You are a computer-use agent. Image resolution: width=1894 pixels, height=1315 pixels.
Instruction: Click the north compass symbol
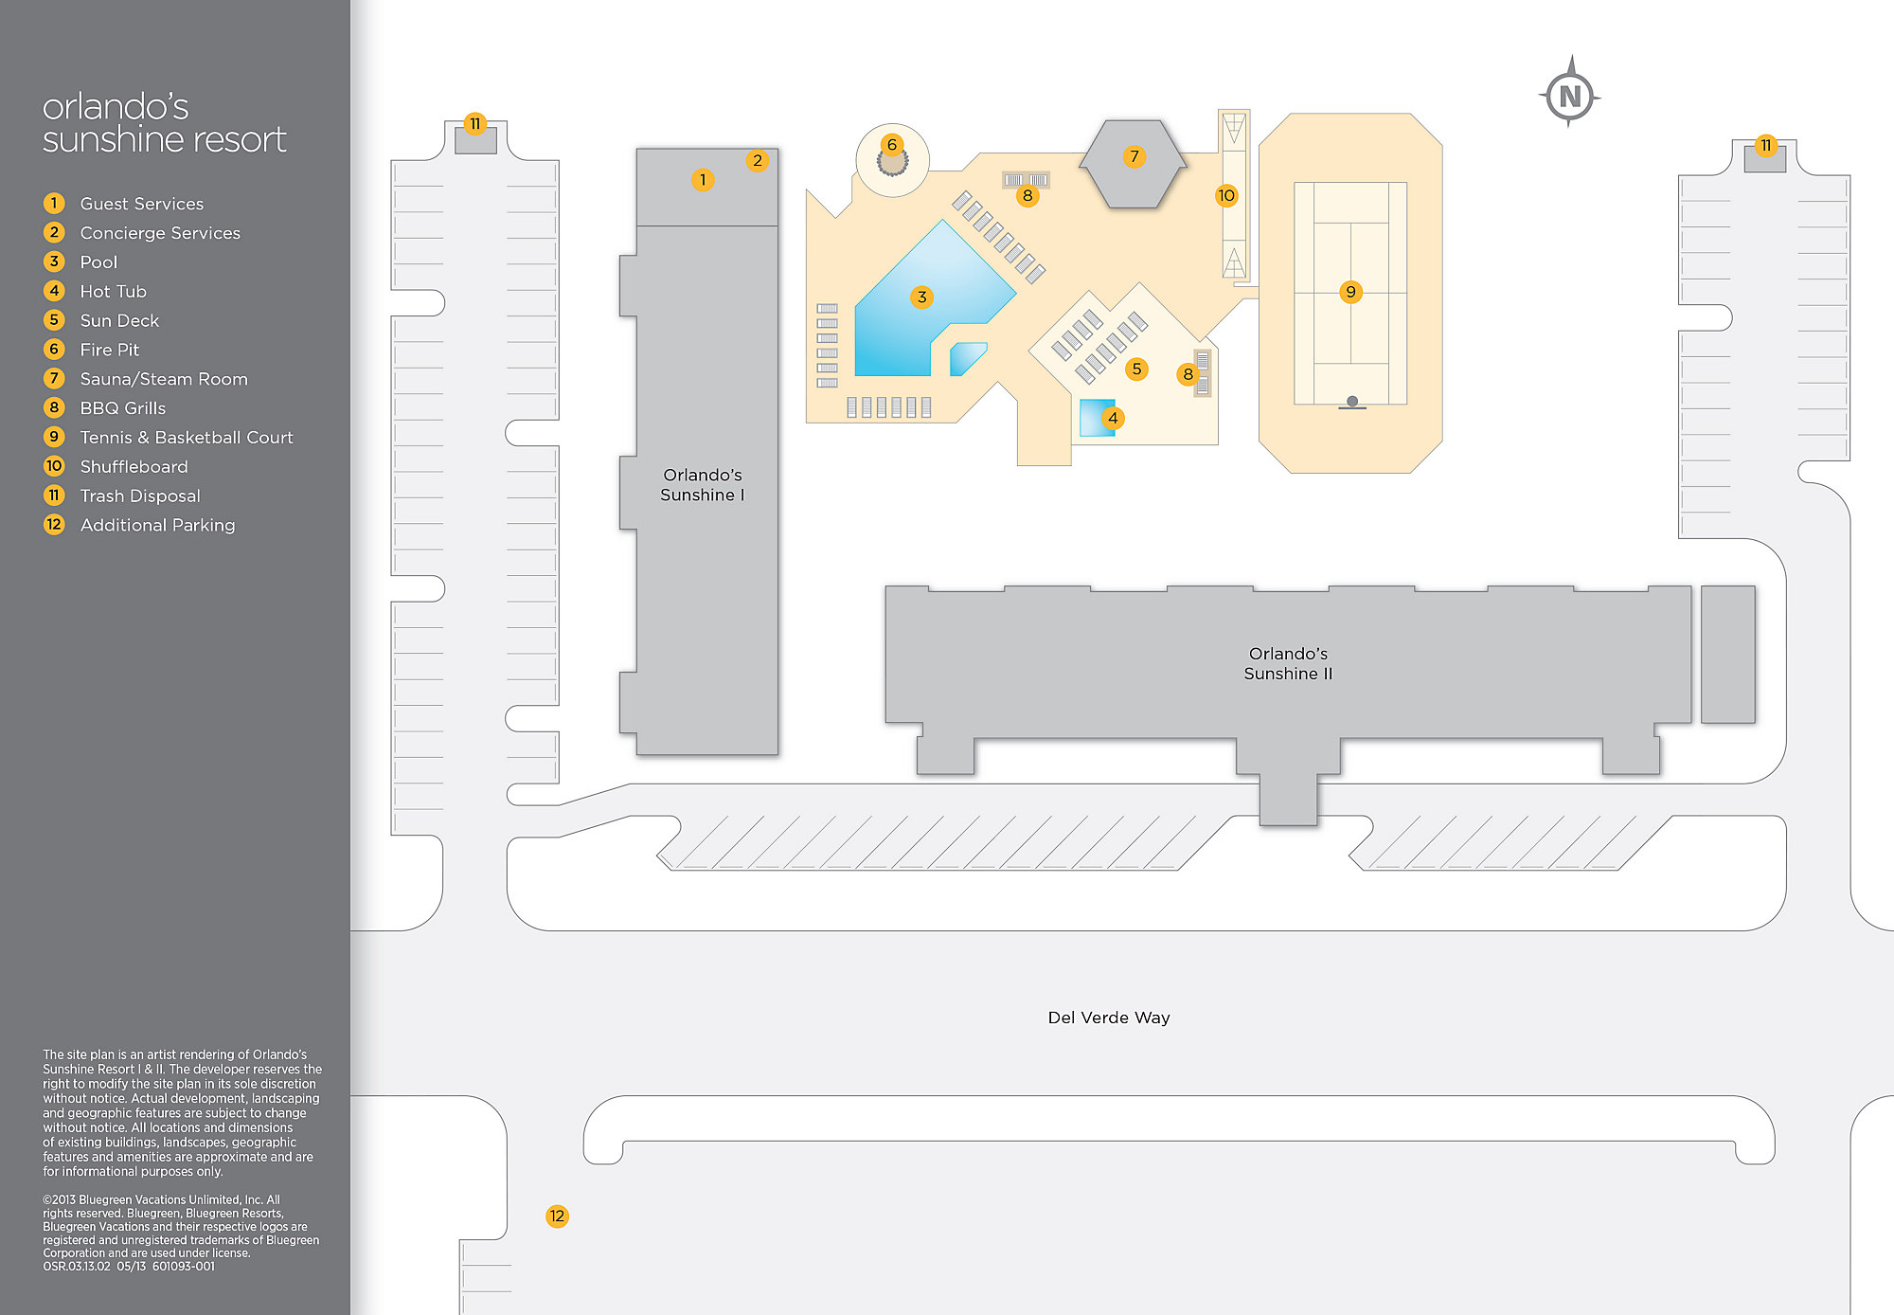tap(1570, 95)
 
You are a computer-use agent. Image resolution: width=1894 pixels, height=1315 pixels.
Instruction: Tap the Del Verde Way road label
tap(1108, 1018)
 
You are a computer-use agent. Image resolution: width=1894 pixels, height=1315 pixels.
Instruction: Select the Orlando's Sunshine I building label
tap(703, 485)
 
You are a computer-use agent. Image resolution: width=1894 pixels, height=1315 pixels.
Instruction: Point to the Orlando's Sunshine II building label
tap(1288, 663)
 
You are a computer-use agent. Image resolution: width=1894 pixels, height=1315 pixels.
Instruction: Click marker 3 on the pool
tap(921, 297)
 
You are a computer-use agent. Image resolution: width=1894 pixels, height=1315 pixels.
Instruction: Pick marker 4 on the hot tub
tap(1113, 418)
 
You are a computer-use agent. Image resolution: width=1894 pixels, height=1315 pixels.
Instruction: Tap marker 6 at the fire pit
tap(891, 145)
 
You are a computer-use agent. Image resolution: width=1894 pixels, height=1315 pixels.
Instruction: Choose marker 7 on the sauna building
tap(1134, 156)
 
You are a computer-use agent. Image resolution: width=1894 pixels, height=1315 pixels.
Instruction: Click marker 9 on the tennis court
tap(1350, 292)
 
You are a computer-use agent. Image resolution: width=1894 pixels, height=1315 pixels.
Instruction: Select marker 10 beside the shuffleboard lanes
tap(1226, 196)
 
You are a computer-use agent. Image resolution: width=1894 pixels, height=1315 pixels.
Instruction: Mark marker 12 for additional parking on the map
tap(557, 1216)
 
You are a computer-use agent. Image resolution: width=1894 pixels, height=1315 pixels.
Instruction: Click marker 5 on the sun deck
tap(1136, 369)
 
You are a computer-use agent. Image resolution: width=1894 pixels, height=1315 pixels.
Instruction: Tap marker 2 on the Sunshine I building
tap(757, 161)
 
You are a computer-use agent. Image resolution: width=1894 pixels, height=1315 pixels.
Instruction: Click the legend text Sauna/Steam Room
tap(164, 379)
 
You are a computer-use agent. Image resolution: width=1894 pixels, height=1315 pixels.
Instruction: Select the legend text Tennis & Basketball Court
tap(187, 438)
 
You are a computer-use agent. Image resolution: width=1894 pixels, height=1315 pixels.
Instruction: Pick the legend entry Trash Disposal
tap(140, 496)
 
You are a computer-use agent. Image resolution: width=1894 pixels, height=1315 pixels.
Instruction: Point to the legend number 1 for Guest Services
tap(54, 204)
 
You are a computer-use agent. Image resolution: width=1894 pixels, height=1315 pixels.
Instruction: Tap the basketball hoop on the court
tap(1352, 403)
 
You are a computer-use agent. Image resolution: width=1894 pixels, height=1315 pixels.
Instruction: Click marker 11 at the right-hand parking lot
tap(1765, 146)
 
